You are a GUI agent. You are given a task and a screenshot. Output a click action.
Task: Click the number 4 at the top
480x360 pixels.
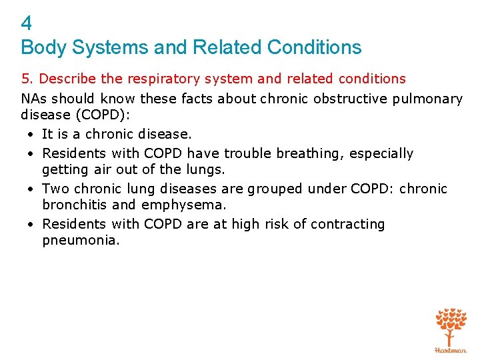point(26,24)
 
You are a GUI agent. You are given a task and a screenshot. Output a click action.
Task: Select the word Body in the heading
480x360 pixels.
point(39,48)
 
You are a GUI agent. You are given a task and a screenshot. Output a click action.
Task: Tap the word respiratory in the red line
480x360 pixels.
point(165,79)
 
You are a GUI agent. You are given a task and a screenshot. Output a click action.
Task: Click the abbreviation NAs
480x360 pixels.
point(33,99)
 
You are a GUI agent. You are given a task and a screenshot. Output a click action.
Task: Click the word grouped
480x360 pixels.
point(277,189)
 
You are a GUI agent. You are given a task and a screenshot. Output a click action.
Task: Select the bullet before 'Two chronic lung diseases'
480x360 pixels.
point(32,189)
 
